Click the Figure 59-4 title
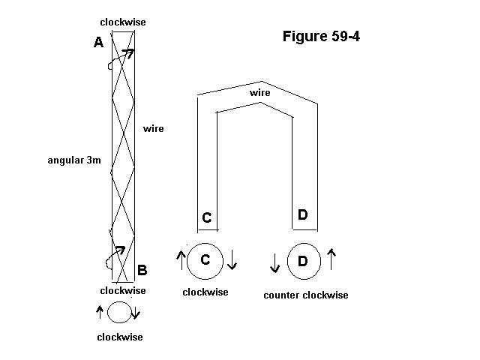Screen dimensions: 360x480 tap(321, 36)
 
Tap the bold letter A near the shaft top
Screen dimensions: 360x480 tap(98, 43)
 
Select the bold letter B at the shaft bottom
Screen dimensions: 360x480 tap(142, 270)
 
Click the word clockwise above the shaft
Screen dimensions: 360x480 tap(123, 22)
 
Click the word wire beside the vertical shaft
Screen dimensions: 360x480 tap(153, 129)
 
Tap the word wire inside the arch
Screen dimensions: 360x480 tap(259, 92)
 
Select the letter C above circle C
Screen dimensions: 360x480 tap(207, 218)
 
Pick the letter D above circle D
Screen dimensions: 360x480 tap(302, 215)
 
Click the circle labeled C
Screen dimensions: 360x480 tap(205, 260)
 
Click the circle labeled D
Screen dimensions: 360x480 tap(302, 261)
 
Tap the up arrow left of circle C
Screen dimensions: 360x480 tap(180, 260)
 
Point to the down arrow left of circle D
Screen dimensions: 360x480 tap(274, 262)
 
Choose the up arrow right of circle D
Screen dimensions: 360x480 tap(331, 259)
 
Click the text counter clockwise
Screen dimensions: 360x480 tap(305, 295)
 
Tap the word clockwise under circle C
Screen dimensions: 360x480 tap(205, 292)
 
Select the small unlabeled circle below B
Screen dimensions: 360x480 tap(118, 311)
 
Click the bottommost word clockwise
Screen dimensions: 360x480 tap(119, 337)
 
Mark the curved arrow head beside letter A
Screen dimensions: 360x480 tap(129, 52)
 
